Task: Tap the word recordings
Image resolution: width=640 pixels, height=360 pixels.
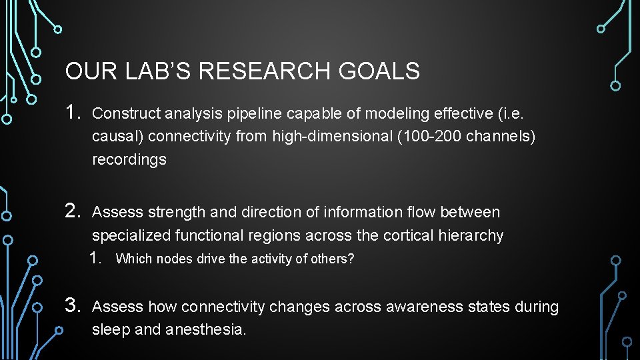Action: click(129, 160)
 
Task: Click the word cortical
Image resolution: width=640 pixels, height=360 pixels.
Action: click(409, 235)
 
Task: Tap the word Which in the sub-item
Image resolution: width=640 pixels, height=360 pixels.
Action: click(131, 259)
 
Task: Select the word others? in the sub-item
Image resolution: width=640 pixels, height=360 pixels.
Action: click(333, 259)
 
